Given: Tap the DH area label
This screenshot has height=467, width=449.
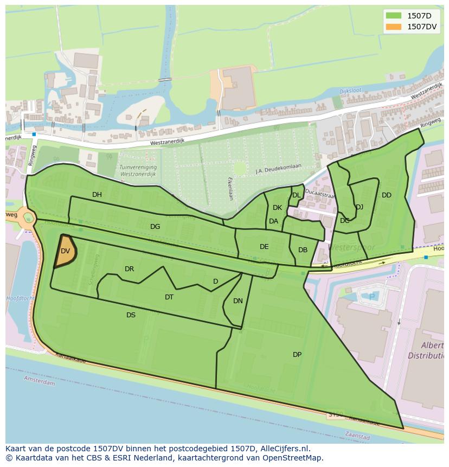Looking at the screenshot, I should pyautogui.click(x=97, y=195).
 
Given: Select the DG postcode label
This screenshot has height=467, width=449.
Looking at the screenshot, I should pyautogui.click(x=155, y=227).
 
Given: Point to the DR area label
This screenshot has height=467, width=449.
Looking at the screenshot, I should pyautogui.click(x=129, y=269).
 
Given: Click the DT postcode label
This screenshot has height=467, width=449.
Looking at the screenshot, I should pyautogui.click(x=169, y=297).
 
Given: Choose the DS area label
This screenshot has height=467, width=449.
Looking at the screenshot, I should pyautogui.click(x=131, y=315).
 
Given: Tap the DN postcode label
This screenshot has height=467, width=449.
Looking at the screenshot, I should pyautogui.click(x=238, y=301).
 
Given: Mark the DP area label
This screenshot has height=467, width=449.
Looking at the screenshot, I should pyautogui.click(x=297, y=355).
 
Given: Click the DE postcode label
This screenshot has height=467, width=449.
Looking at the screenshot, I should pyautogui.click(x=264, y=247).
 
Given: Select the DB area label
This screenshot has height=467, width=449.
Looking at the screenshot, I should pyautogui.click(x=303, y=250).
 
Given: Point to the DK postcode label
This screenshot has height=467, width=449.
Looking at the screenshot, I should pyautogui.click(x=277, y=208).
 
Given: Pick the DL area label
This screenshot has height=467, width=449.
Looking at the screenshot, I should pyautogui.click(x=296, y=195).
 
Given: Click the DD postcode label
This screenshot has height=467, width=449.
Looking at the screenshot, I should pyautogui.click(x=386, y=195).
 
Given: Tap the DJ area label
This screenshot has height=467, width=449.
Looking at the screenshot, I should pyautogui.click(x=360, y=207).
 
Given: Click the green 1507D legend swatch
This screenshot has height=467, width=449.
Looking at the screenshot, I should pyautogui.click(x=393, y=16).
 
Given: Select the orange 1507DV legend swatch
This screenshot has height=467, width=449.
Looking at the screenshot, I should pyautogui.click(x=393, y=27).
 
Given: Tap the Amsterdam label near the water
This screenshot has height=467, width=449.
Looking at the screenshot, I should pyautogui.click(x=40, y=382).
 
